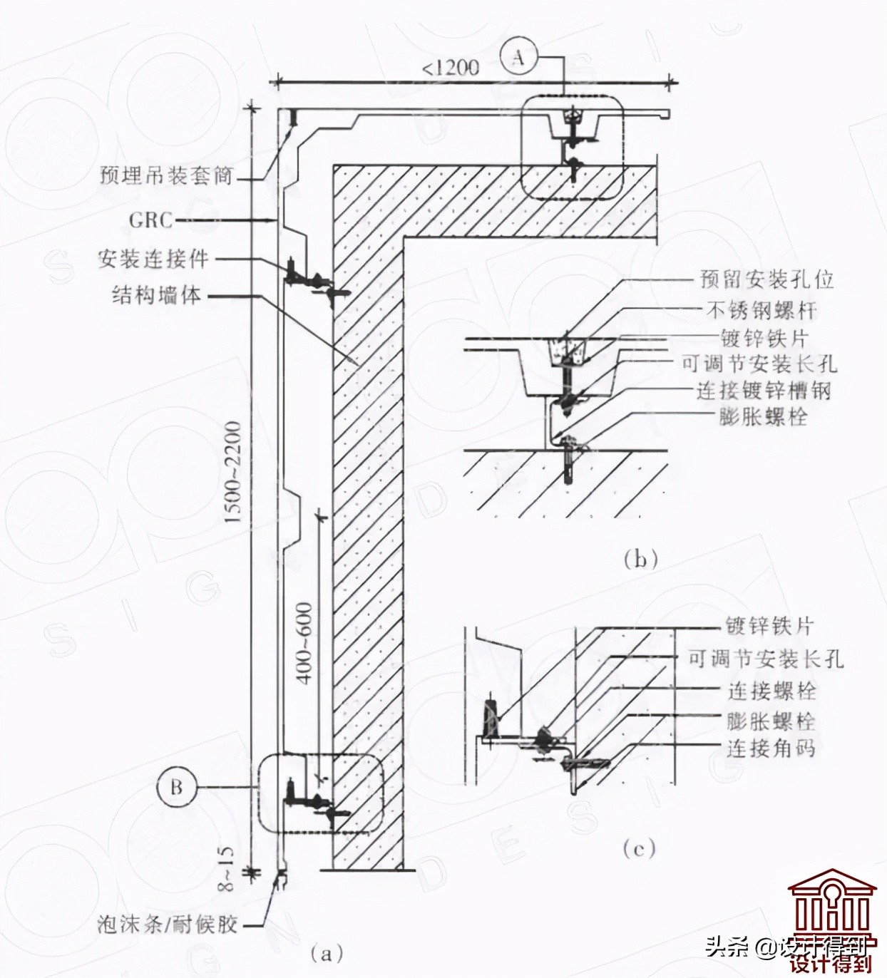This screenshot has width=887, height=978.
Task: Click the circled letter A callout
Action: coord(518,58)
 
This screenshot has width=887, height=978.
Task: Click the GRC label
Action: coord(151,220)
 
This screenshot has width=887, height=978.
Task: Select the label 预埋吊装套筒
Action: coord(166,175)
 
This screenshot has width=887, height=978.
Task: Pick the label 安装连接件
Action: coord(153,259)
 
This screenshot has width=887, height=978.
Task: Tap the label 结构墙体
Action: coord(157,294)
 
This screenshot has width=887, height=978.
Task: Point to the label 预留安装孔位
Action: coord(767,279)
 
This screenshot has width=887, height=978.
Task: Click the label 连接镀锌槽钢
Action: coord(764,390)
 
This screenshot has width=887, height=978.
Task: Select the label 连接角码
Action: coord(771,748)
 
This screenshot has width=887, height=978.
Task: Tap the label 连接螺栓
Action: coord(771,691)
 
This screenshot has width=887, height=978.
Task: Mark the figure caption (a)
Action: coord(327,952)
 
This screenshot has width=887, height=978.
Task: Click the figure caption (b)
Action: coord(640,559)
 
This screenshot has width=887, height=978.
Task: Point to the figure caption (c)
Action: coord(638,848)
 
